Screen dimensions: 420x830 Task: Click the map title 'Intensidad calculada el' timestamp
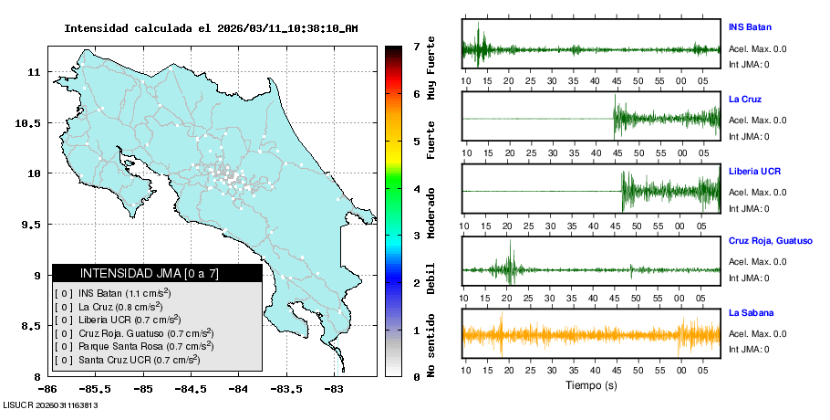[210, 28]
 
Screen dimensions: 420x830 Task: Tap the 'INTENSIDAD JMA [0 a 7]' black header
[157, 273]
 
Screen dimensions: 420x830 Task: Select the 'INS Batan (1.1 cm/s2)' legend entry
[124, 293]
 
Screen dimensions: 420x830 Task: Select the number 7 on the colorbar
[416, 46]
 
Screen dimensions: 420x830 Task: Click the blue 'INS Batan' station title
[749, 26]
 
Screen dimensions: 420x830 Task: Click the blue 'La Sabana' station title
[751, 312]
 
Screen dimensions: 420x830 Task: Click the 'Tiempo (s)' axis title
[591, 386]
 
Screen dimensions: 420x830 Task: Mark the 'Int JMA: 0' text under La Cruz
[748, 137]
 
